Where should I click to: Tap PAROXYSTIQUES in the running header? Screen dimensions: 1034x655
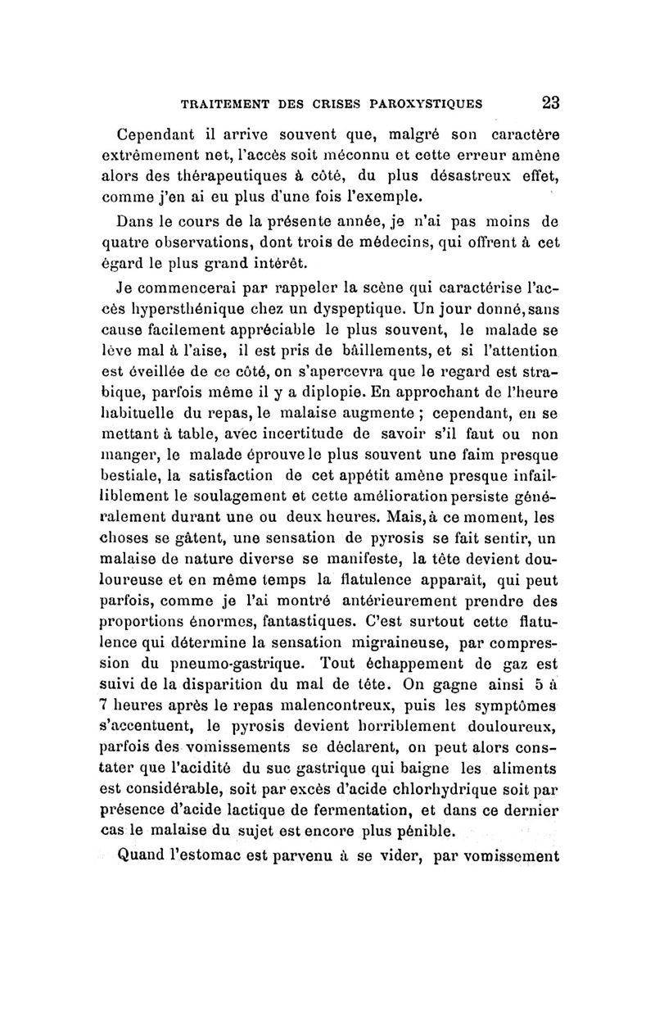click(x=426, y=104)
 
